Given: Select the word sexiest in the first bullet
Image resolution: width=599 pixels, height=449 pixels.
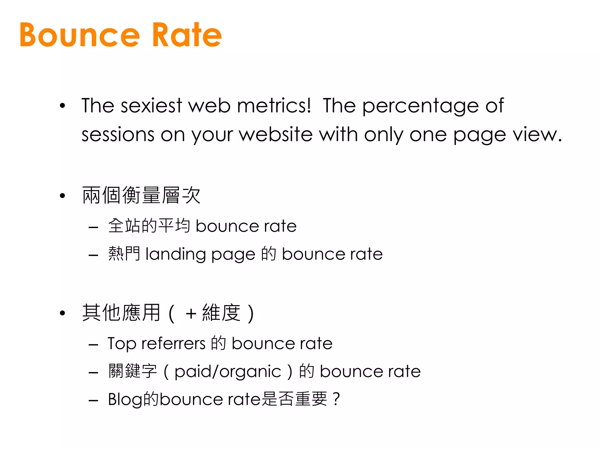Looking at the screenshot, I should click(x=152, y=106).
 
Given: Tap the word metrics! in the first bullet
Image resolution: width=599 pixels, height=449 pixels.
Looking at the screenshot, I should click(x=274, y=106).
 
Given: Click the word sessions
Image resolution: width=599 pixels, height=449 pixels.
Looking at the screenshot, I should click(x=118, y=135).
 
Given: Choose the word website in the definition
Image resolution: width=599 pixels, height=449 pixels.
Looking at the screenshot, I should click(x=276, y=135).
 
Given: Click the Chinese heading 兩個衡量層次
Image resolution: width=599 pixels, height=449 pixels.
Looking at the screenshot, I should click(x=141, y=195).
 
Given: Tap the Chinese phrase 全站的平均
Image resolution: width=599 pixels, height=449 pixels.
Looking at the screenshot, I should click(x=149, y=226).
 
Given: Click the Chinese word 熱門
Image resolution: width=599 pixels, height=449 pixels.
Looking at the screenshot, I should click(x=124, y=253).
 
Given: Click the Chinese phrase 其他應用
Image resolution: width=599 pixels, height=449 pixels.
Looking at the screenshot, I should click(x=121, y=313).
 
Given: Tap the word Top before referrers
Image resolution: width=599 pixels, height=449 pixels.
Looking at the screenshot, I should click(x=122, y=344).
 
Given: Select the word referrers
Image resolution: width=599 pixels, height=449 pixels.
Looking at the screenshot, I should click(x=173, y=344).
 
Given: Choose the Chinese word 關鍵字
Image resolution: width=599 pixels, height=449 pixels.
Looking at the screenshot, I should click(x=132, y=371).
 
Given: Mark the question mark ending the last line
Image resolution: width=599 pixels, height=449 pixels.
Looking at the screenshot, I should click(x=336, y=399).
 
